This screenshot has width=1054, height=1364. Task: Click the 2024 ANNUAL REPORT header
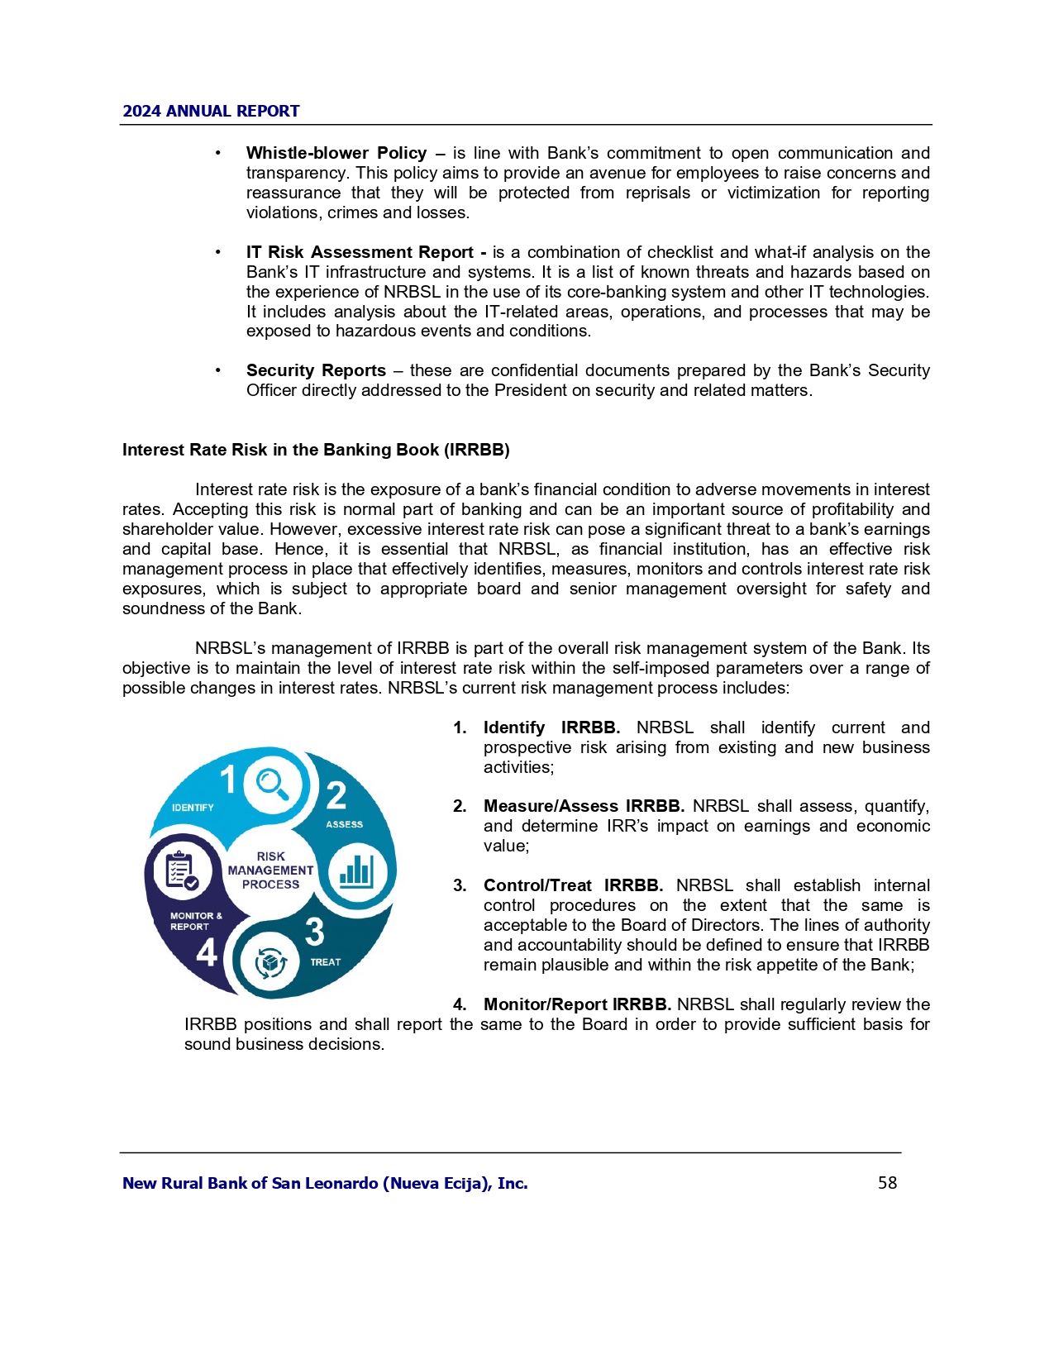(211, 111)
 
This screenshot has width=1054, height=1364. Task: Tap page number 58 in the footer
(887, 1183)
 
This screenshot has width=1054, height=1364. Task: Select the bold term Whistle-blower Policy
(336, 153)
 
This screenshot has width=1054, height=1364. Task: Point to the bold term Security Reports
(316, 370)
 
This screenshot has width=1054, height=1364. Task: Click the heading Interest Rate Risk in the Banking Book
(316, 450)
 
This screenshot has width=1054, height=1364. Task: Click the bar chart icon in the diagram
(357, 872)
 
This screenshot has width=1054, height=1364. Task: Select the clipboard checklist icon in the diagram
(181, 870)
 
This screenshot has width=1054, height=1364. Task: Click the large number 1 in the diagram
(228, 780)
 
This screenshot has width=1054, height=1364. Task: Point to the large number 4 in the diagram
(207, 952)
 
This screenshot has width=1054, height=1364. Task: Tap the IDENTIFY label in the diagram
(193, 808)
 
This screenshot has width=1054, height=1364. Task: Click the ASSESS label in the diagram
(344, 824)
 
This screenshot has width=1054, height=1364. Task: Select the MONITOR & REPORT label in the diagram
(196, 921)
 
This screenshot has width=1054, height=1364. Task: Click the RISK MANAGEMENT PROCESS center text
(270, 870)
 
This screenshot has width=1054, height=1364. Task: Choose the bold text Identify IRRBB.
(551, 727)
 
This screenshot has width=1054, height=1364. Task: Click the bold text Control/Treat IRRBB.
(573, 885)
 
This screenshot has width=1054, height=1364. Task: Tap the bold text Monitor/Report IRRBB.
(577, 1004)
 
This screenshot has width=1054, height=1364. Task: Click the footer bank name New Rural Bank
(325, 1183)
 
